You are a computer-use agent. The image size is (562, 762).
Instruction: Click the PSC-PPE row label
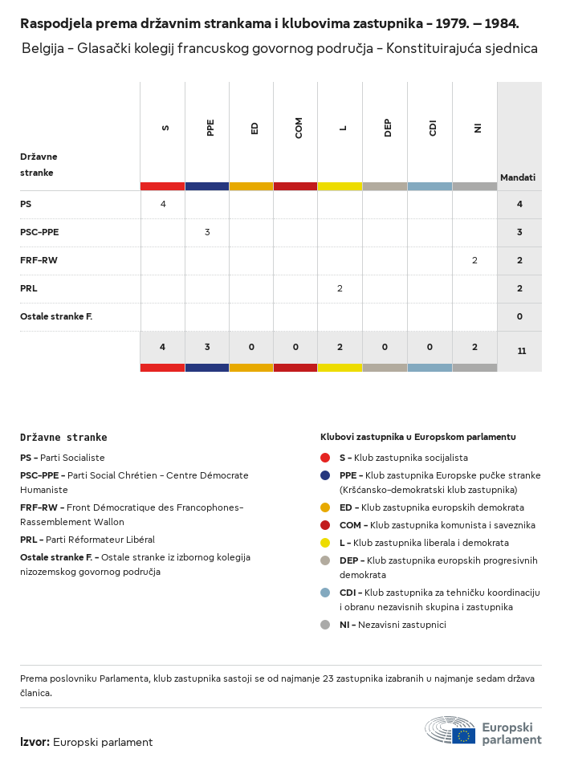39,232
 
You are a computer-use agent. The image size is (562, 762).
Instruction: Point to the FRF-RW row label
39,260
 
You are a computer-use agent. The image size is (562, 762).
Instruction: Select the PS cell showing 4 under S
163,204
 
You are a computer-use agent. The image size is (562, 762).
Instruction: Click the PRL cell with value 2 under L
340,288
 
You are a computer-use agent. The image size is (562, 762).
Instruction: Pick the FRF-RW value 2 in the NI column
474,260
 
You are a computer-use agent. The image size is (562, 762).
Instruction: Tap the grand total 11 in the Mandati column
521,351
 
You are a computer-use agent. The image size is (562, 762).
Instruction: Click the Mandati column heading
518,177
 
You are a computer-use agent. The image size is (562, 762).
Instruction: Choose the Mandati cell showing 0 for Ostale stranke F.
519,316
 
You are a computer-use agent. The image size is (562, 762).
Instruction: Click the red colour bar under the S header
162,186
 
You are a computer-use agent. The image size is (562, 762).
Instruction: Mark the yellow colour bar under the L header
340,186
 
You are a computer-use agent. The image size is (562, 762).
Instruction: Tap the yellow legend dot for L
325,543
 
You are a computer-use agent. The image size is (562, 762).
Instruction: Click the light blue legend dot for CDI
325,593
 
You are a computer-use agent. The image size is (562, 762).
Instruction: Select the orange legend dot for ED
325,507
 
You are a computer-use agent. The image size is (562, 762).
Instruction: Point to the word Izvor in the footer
35,742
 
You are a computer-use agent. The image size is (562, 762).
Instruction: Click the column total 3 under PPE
207,347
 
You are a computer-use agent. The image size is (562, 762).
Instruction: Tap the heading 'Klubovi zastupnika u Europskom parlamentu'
417,437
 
